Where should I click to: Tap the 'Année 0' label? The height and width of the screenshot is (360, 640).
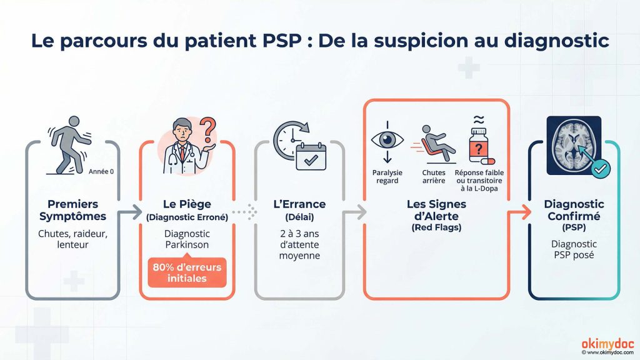click(x=101, y=171)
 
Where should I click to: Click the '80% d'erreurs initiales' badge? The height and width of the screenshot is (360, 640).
click(x=186, y=272)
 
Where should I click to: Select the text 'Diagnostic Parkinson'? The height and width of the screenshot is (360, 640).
click(x=186, y=238)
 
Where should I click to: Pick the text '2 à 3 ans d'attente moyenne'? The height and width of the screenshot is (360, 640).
click(x=300, y=244)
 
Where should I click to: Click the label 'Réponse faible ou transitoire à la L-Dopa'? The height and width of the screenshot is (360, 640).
click(x=479, y=180)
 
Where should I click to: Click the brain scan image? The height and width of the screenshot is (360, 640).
click(x=573, y=146)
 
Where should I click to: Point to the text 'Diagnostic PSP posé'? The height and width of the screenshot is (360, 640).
click(x=574, y=249)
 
